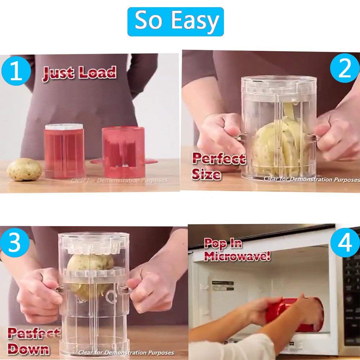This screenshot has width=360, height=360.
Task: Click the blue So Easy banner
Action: pyautogui.click(x=175, y=22)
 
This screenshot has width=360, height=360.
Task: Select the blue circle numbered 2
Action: pyautogui.click(x=344, y=68)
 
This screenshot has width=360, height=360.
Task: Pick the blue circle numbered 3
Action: pyautogui.click(x=14, y=244)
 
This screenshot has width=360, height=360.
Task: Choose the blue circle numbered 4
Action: pyautogui.click(x=345, y=243)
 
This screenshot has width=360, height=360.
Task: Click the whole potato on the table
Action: pyautogui.click(x=24, y=169)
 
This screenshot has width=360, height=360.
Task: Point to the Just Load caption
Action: pyautogui.click(x=80, y=73)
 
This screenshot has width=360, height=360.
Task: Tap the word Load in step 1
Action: pyautogui.click(x=98, y=73)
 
